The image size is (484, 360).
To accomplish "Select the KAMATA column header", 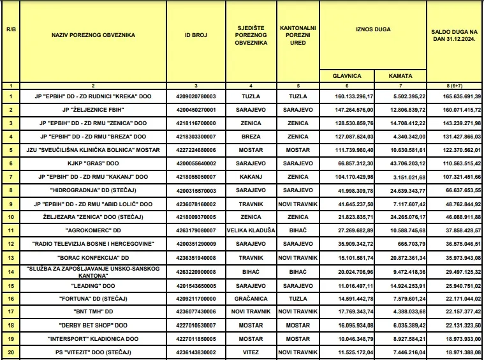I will [x=400, y=76].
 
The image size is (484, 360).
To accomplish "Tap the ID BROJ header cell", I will [x=196, y=35].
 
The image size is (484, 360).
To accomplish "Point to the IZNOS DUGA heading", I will [x=373, y=29].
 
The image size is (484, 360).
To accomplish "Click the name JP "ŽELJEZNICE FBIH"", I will [x=92, y=110].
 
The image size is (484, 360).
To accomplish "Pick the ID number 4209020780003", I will [x=196, y=96].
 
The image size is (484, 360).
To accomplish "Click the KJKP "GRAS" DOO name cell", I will [x=92, y=163].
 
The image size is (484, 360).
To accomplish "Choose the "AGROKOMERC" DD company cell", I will [x=92, y=230].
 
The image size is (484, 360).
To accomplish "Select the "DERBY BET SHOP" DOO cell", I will [x=92, y=324].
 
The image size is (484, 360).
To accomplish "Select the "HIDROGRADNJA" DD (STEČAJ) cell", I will [x=92, y=190].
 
